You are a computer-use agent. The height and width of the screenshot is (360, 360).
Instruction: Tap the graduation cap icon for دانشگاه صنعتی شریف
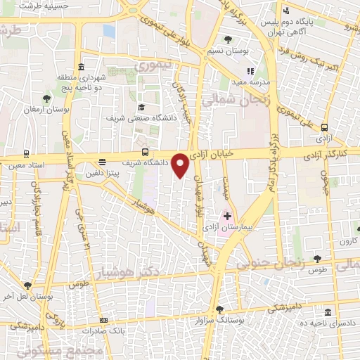[142, 107]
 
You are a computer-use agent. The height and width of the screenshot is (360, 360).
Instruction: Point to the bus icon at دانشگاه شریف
[145, 151]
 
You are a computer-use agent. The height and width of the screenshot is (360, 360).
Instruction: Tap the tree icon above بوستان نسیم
[228, 39]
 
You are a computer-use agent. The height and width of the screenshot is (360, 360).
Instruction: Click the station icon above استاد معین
[27, 154]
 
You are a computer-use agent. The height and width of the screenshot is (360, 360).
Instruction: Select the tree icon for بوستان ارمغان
[46, 99]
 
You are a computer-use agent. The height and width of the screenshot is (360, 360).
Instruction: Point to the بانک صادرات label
[122, 329]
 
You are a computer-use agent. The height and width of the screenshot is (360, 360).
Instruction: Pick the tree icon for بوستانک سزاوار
[220, 309]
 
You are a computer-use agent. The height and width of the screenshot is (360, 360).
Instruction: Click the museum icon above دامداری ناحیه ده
[327, 312]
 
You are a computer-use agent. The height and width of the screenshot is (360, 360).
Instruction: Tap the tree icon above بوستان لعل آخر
[27, 285]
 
